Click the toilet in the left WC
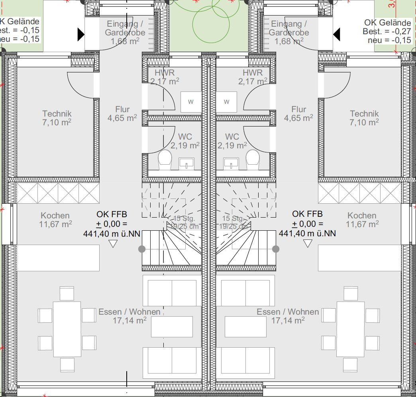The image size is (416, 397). [165, 160]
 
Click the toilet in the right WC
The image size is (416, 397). [252, 160]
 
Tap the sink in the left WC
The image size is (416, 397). [186, 162]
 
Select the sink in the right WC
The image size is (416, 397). [231, 162]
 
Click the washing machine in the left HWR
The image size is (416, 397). [191, 102]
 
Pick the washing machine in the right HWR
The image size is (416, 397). [226, 102]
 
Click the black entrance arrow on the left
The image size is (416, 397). [81, 35]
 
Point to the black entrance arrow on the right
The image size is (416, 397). [336, 35]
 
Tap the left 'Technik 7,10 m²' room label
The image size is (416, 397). [57, 118]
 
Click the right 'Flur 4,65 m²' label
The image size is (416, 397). [298, 114]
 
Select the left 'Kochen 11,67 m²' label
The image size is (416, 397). [55, 220]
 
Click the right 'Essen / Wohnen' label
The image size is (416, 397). [288, 312]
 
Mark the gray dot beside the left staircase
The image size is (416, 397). [141, 249]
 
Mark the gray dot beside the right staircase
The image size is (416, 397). [275, 249]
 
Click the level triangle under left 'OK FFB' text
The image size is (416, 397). [113, 244]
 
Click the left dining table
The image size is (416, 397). [67, 329]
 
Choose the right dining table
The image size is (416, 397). [350, 329]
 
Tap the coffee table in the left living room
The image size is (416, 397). [172, 327]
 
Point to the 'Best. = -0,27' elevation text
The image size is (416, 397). [386, 31]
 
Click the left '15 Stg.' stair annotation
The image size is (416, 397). [184, 219]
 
